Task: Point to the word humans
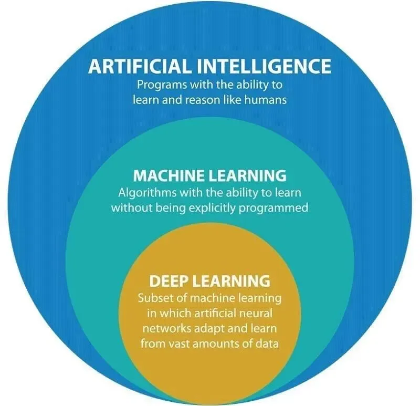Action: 268,99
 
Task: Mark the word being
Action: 171,207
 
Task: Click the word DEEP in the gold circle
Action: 167,280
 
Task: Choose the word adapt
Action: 204,328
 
